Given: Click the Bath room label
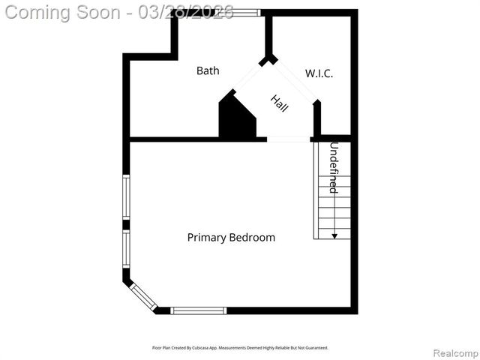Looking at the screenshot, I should coord(208,70).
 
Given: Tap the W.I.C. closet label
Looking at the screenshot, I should coord(319,73).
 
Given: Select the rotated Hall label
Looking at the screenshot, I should coord(280,103).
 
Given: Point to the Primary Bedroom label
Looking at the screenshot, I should coord(231,237).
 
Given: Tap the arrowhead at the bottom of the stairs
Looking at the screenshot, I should coord(334,235).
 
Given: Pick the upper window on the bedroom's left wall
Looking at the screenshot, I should coord(126,196).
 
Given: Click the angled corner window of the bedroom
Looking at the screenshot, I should coord(142,296).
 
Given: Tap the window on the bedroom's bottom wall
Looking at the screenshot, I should coord(199,310).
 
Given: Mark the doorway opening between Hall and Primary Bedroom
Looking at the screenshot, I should coord(289,139).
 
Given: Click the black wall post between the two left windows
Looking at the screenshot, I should coord(126,224).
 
